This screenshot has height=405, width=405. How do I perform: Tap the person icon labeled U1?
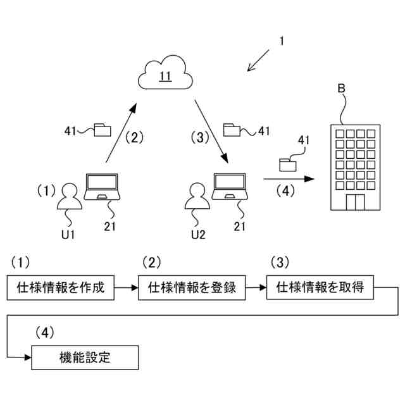coord(70,196)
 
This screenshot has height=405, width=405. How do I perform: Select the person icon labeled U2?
coord(197,196)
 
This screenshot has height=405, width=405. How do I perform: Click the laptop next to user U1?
coord(102,187)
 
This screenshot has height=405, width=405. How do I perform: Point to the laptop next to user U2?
coord(230,187)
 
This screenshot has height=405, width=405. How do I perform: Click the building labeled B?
coord(356,167)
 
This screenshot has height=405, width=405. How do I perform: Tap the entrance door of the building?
coord(356,202)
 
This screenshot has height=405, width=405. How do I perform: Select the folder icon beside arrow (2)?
coord(103,130)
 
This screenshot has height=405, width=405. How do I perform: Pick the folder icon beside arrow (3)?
coord(232,130)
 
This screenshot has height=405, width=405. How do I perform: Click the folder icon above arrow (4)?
coord(288,165)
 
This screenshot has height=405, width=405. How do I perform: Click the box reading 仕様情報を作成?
coord(61,287)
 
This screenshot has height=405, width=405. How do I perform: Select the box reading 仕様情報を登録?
coord(192,287)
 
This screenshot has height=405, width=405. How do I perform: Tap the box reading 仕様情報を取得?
coord(320,287)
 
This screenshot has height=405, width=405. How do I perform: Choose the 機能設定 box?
coord(85,358)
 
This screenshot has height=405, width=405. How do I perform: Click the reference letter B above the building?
coord(341,89)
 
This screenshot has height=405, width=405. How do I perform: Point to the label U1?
coord(68,235)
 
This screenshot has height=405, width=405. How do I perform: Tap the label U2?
coord(198,235)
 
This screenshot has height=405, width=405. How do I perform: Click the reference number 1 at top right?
coord(282,41)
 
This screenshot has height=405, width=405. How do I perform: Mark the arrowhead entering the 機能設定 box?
coord(28,358)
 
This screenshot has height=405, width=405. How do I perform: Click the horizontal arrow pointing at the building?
coord(289,178)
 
